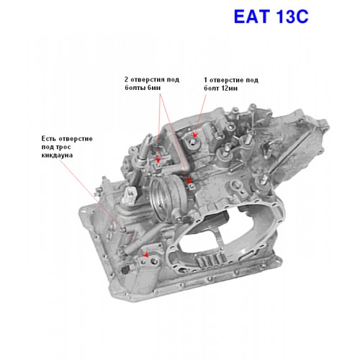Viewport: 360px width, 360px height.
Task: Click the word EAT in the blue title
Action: point(251,17)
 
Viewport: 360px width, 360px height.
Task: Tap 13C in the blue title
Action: point(292,17)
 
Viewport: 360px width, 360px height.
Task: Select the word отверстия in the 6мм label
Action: point(148,79)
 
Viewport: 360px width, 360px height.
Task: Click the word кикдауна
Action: point(57,155)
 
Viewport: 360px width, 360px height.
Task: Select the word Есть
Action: point(49,138)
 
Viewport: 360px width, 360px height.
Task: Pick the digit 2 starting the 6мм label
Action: point(127,79)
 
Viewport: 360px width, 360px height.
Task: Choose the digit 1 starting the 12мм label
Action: point(206,80)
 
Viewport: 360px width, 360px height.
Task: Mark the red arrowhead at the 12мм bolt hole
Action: point(195,135)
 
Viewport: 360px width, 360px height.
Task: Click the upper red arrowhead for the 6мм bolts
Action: point(158,160)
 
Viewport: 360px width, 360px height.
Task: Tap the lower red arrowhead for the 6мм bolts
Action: point(189,180)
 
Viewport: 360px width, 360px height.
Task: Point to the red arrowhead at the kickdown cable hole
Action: point(145,255)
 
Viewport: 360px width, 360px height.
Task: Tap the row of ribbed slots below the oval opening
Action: point(211,261)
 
